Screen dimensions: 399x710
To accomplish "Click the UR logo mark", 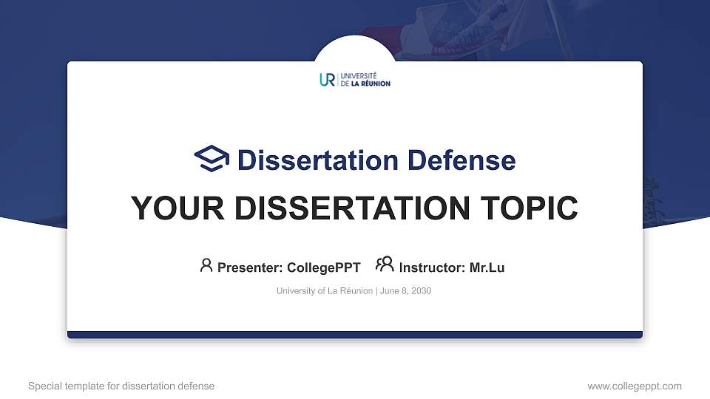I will click(327, 80).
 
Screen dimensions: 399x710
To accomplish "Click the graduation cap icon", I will click(212, 159).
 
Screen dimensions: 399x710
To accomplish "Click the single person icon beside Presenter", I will click(206, 265).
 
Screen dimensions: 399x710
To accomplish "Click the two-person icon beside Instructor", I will click(385, 265).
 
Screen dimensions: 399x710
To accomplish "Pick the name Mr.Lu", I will click(487, 267).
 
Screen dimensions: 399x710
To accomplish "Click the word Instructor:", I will click(433, 267).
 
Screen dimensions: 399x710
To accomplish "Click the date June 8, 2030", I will click(405, 291).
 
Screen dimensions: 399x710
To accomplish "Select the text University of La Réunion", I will click(324, 291).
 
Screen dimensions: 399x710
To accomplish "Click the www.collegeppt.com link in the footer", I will click(634, 386).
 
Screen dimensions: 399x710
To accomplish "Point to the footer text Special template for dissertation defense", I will click(121, 386).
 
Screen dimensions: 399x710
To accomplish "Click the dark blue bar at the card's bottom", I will click(355, 335).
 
